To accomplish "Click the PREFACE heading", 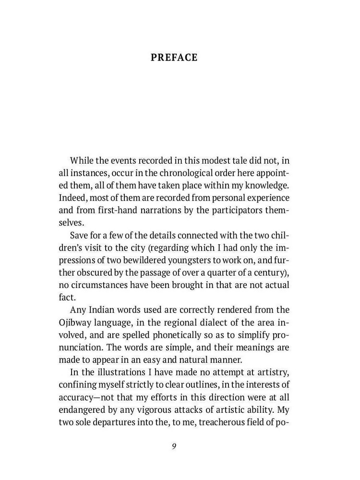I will click(174, 58).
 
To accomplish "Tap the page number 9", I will click(174, 446).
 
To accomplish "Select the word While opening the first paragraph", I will click(83, 160).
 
